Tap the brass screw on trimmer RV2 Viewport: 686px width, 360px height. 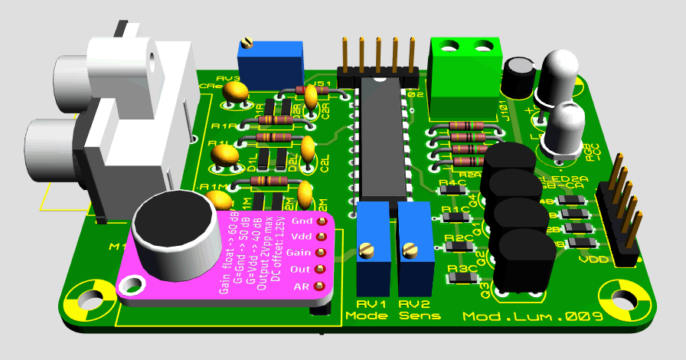410,248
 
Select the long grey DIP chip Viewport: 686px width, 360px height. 381,138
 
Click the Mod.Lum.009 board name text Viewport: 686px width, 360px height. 533,316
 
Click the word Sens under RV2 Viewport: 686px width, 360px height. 420,316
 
